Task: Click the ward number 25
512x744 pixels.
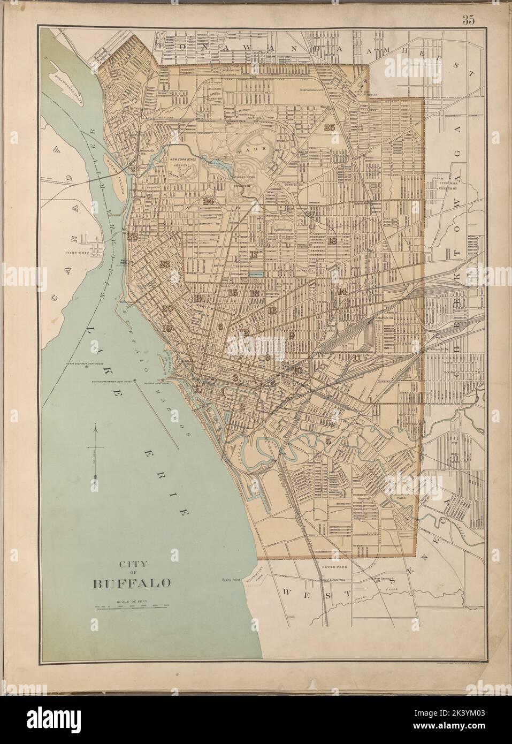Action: [328, 127]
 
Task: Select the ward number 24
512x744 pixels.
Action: [209, 201]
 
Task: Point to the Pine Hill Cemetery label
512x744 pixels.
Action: [449, 185]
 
